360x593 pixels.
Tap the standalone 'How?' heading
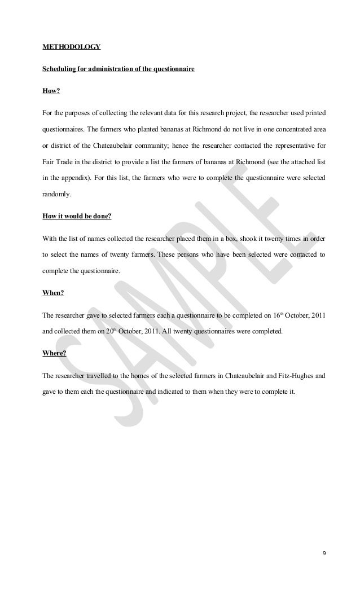click(x=52, y=90)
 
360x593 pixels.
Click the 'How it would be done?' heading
click(x=77, y=216)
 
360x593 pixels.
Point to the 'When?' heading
click(x=54, y=293)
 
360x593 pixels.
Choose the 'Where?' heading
click(x=54, y=354)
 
